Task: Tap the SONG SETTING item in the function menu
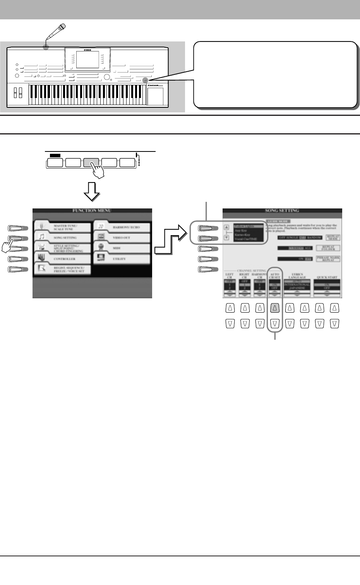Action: click(x=65, y=237)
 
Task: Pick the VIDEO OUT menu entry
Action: click(x=121, y=237)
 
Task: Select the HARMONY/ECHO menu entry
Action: click(x=126, y=227)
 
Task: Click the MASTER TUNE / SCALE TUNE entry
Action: click(x=65, y=227)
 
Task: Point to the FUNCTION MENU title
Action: click(x=92, y=210)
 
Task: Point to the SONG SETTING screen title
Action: click(x=282, y=210)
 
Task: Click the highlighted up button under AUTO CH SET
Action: click(x=275, y=308)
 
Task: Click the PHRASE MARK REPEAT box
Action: click(x=327, y=259)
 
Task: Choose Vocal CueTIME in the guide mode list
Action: click(x=245, y=239)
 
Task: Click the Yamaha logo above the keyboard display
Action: click(x=87, y=49)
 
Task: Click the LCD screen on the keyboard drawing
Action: click(x=87, y=60)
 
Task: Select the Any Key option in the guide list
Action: click(x=241, y=231)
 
